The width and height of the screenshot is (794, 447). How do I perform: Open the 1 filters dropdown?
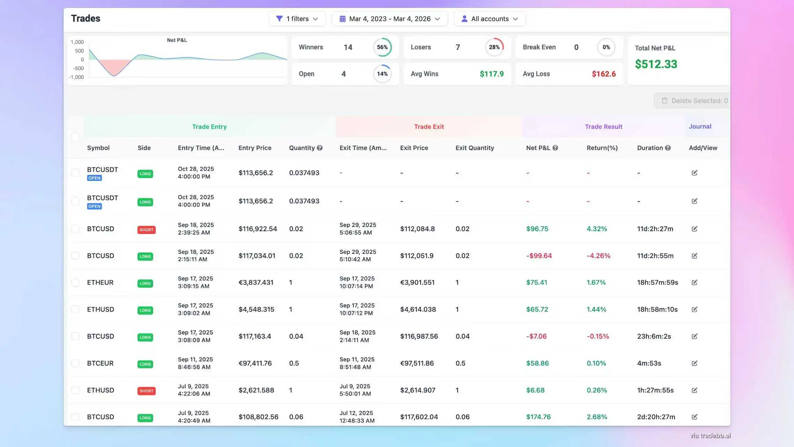[x=297, y=19]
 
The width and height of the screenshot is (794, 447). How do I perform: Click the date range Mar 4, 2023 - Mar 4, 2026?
[x=389, y=19]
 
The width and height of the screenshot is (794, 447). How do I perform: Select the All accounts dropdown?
[x=489, y=19]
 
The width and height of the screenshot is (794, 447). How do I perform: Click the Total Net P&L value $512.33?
[x=656, y=64]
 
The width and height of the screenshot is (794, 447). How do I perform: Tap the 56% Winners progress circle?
[x=382, y=47]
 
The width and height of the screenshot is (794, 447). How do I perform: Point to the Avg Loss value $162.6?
[x=604, y=74]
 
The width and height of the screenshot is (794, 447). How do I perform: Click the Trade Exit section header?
[x=429, y=127]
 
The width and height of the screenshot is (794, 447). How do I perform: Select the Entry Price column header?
[x=255, y=148]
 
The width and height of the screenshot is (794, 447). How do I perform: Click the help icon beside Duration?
[x=668, y=148]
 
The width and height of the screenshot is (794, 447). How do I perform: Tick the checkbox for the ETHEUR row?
[x=75, y=283]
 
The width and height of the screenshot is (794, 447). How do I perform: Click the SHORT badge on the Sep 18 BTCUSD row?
[x=147, y=230]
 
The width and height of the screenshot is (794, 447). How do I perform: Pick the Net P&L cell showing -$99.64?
[x=539, y=256]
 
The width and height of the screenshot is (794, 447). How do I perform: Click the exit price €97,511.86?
[x=417, y=364]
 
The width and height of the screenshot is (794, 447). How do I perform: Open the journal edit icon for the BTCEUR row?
[x=694, y=364]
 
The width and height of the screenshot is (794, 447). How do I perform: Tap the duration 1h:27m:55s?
[x=655, y=390]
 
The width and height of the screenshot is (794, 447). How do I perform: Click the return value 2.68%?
[x=597, y=417]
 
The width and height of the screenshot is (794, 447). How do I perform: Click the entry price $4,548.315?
[x=256, y=310]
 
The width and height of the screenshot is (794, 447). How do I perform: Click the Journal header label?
[x=700, y=127]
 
